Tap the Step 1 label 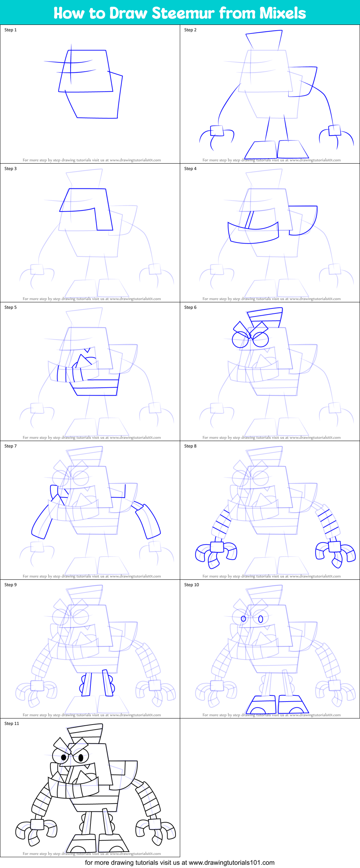[x=10, y=30]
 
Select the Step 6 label [x=190, y=307]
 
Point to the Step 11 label [x=12, y=724]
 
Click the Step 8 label [x=190, y=446]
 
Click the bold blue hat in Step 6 [x=265, y=315]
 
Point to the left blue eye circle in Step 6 [x=240, y=339]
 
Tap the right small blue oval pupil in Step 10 [x=261, y=619]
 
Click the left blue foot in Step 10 [x=261, y=704]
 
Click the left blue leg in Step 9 [x=86, y=684]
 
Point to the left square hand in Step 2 [x=217, y=130]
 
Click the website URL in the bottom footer [x=231, y=863]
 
